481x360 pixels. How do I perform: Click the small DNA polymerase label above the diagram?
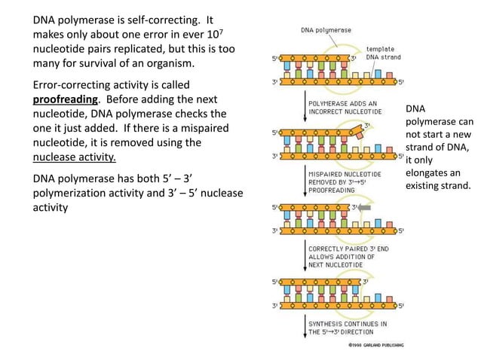pos(326,29)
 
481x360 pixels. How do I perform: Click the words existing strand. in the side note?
pos(440,185)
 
